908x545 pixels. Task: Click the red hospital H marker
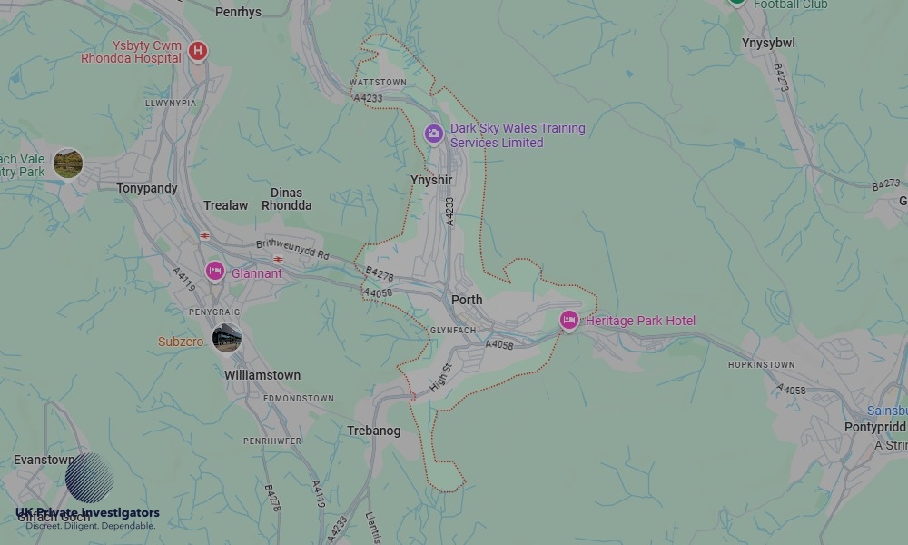(198, 51)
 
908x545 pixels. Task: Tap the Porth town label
(467, 300)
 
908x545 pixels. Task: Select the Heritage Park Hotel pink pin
(569, 320)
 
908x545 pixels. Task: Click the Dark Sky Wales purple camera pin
(434, 134)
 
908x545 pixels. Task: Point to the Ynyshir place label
(431, 180)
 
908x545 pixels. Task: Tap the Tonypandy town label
(147, 188)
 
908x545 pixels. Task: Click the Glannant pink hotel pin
(215, 272)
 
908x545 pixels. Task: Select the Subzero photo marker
(226, 338)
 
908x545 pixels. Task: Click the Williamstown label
(262, 375)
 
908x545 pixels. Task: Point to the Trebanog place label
(374, 431)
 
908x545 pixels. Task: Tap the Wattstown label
(378, 83)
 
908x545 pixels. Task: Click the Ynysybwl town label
(768, 43)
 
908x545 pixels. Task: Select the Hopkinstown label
(761, 365)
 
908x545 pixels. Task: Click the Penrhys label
(238, 12)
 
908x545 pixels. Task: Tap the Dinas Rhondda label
(287, 199)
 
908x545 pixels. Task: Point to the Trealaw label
(225, 205)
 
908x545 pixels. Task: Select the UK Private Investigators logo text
(87, 513)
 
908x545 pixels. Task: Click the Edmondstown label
(299, 399)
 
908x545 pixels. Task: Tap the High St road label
(440, 378)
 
